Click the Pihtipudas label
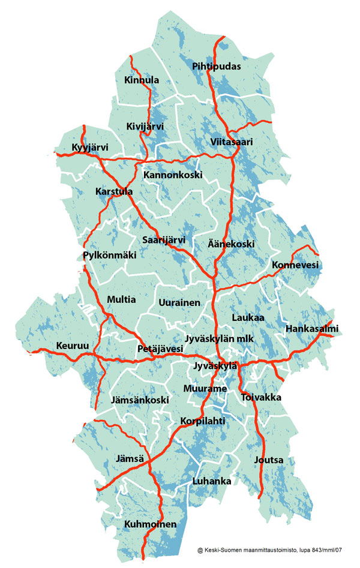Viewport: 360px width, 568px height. (x=217, y=67)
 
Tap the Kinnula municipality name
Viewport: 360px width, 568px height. (x=142, y=80)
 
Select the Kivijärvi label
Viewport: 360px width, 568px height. (x=145, y=127)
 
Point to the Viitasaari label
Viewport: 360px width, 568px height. (x=232, y=142)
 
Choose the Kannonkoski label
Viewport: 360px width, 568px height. (x=173, y=175)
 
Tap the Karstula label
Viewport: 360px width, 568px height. (x=114, y=192)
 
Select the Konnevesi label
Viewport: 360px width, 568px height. (x=295, y=265)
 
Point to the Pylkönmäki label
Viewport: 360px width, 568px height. (x=110, y=256)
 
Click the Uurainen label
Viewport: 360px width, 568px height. (x=179, y=303)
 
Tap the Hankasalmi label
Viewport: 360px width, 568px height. (x=313, y=329)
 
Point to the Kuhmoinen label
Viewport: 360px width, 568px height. (x=151, y=525)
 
